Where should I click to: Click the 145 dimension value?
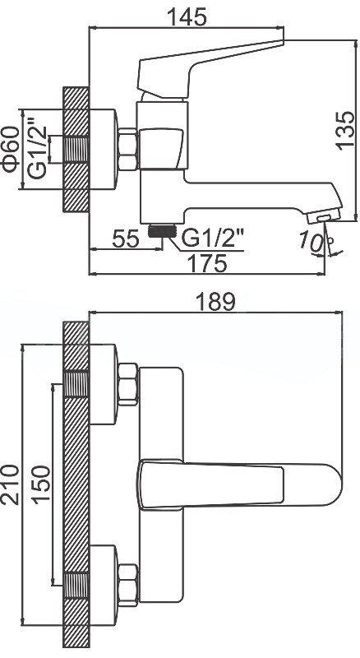185,16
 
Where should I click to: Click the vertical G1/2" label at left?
35,150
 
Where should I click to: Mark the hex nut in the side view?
129,150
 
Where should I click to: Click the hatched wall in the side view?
75,150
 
